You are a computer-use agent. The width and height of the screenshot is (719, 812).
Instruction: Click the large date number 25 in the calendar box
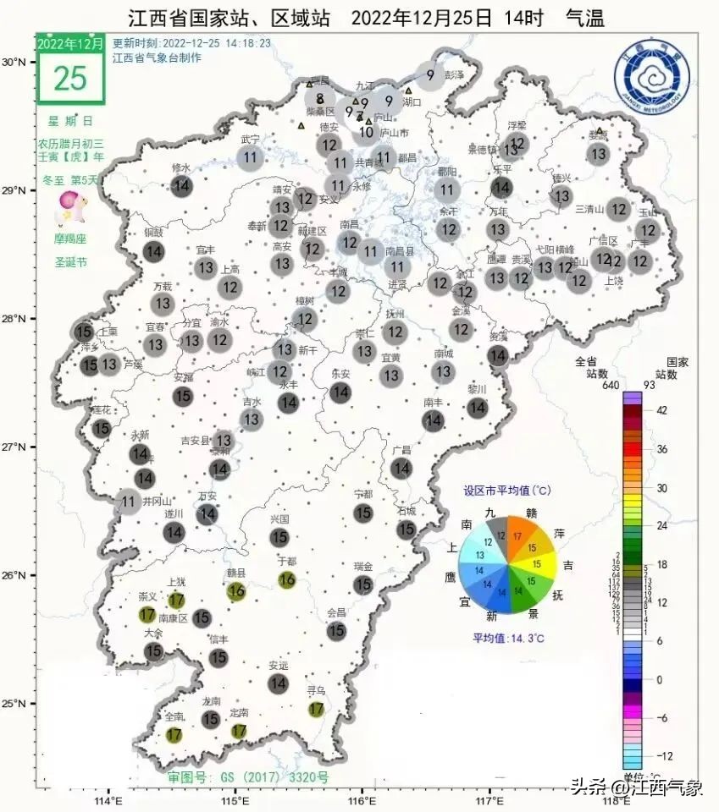pos(70,77)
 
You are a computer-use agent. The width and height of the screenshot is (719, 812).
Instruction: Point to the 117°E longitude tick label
pos(491,799)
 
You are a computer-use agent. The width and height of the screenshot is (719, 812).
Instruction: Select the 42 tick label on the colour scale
pos(662,410)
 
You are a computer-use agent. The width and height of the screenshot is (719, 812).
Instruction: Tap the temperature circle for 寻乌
pos(317,709)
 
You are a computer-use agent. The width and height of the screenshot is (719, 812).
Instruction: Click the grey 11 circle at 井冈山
pos(129,502)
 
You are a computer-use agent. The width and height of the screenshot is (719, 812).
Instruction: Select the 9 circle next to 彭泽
pos(430,75)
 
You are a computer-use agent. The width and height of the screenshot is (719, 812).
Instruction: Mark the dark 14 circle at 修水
pos(181,187)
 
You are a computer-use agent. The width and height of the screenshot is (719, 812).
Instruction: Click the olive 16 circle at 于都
pos(287,579)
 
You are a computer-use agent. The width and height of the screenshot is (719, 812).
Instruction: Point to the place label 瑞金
pos(363,566)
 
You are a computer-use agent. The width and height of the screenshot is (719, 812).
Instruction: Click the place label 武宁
pos(250,139)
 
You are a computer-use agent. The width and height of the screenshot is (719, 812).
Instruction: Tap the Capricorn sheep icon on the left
pos(69,207)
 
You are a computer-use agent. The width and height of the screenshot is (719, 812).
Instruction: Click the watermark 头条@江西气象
pos(636,788)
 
